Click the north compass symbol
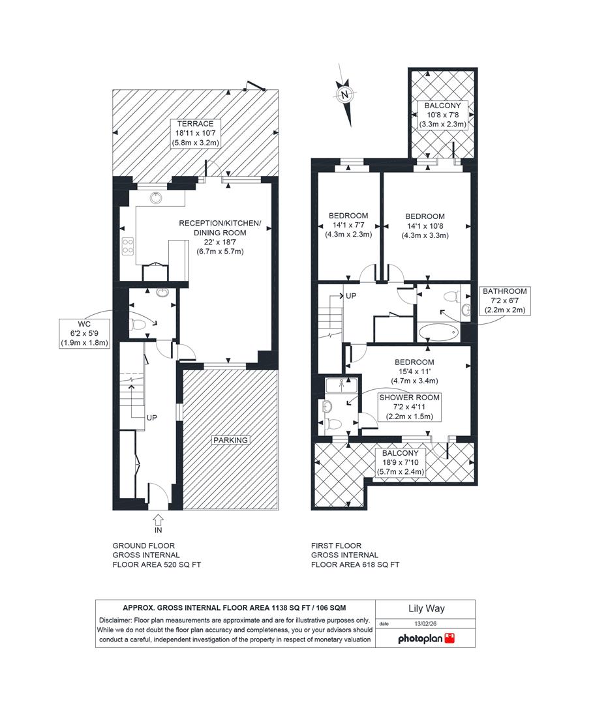click(345, 95)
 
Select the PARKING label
click(231, 440)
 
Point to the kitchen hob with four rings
click(128, 246)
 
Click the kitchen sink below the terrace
click(157, 198)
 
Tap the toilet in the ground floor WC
click(139, 323)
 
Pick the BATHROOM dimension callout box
click(504, 301)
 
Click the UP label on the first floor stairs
click(350, 295)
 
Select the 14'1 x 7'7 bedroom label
click(348, 226)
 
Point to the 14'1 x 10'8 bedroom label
click(425, 226)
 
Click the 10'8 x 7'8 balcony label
click(442, 115)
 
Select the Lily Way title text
click(426, 609)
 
